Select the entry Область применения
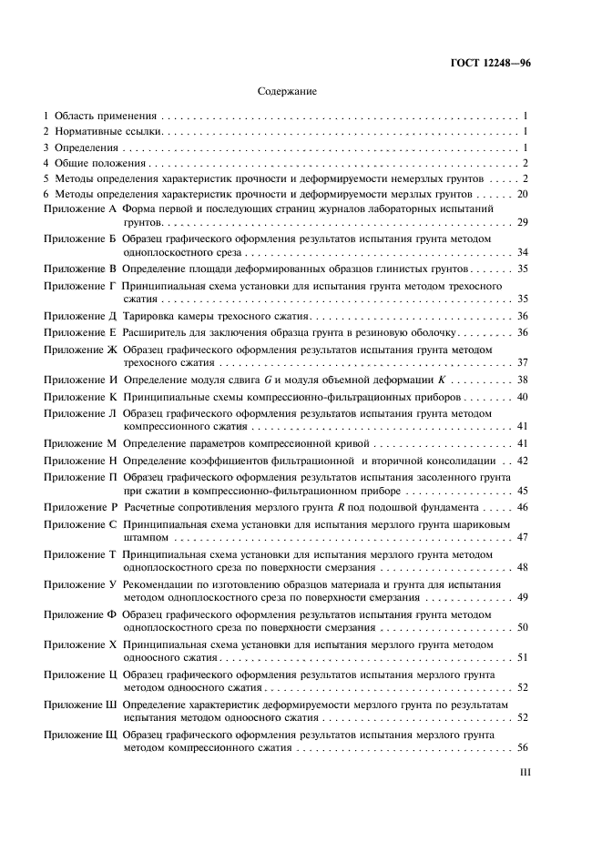pyautogui.click(x=107, y=117)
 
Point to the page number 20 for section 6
pyautogui.click(x=523, y=194)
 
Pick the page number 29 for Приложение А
pyautogui.click(x=523, y=222)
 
